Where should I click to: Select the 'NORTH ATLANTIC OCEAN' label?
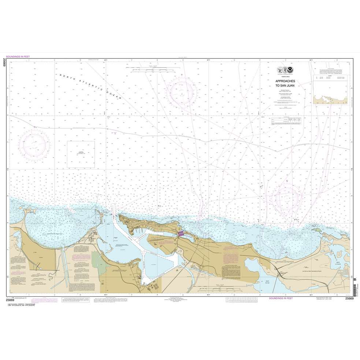pyautogui.click(x=92, y=88)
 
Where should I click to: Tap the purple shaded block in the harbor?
pyautogui.click(x=181, y=234)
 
